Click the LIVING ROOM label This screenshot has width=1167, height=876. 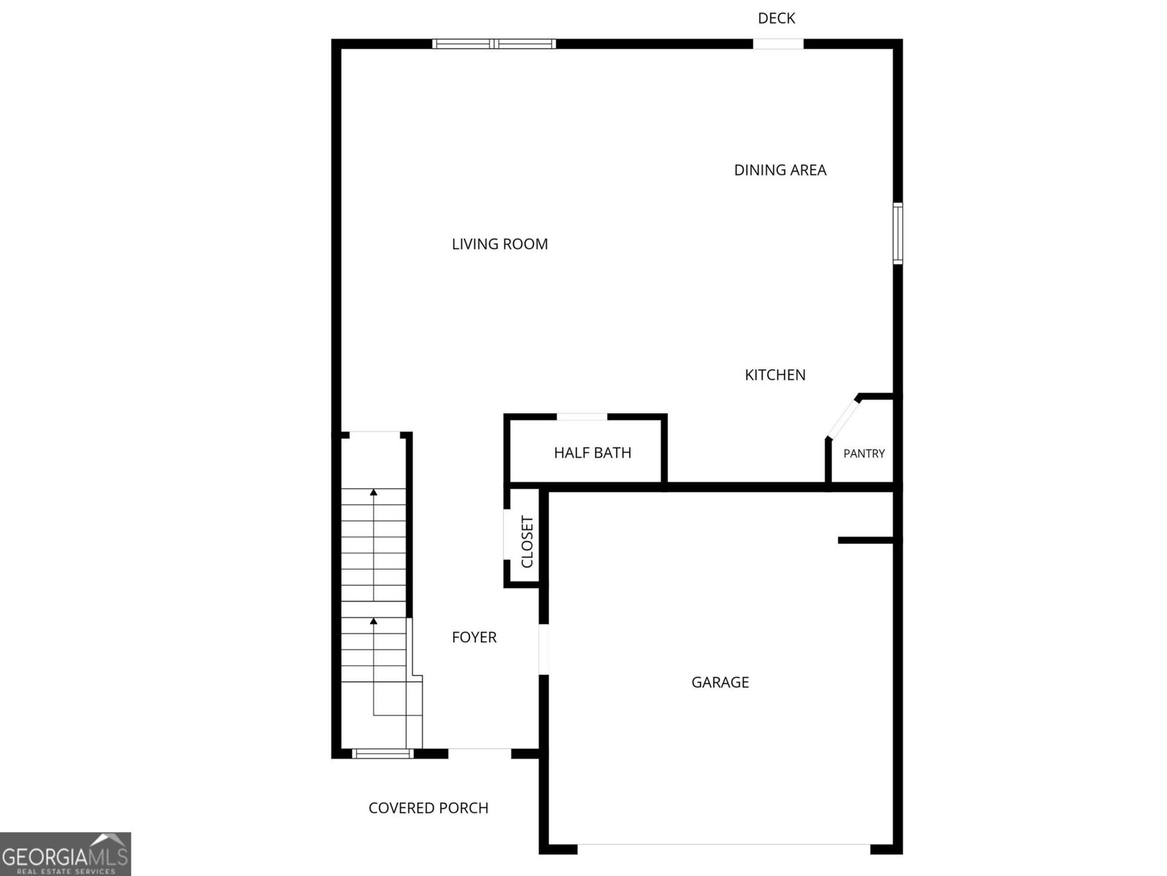point(500,244)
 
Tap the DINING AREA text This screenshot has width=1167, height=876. point(780,170)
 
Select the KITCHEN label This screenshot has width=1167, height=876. point(775,375)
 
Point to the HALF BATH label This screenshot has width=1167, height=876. point(593,453)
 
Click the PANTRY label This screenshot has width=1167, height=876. point(864,453)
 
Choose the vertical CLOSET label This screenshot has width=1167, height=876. point(527,542)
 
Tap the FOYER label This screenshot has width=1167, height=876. point(474,637)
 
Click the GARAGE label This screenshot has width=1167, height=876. point(720,682)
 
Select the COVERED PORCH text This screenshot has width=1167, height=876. point(428,808)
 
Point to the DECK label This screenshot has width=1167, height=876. point(777,18)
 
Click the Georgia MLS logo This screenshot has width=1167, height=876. point(66,853)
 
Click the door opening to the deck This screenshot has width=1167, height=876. point(778,44)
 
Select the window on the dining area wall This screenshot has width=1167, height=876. point(898,233)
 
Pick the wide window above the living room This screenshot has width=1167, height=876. point(494,44)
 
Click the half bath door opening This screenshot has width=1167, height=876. point(582,417)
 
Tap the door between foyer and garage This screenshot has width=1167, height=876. point(544,650)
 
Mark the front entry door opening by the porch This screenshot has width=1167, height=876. point(479,753)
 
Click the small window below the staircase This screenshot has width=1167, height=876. point(382,753)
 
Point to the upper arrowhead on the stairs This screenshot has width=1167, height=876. point(374,492)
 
